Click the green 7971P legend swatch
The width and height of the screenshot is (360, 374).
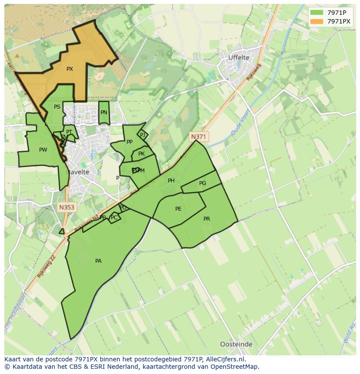click(x=317, y=12)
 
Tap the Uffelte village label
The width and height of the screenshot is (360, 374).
click(x=239, y=57)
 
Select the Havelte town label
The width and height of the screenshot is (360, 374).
click(x=78, y=172)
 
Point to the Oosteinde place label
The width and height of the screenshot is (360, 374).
click(x=236, y=344)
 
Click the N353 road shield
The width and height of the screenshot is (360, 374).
click(x=67, y=207)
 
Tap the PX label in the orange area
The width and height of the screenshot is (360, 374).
click(x=70, y=69)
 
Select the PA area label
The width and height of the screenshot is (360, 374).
click(x=98, y=261)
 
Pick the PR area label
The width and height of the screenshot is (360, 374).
click(x=207, y=219)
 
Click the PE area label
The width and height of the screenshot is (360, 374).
click(x=178, y=209)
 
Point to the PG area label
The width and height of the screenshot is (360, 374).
click(x=203, y=183)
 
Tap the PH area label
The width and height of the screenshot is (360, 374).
click(x=171, y=181)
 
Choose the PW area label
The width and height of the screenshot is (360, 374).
click(x=43, y=150)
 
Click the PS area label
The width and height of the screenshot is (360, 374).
click(x=57, y=107)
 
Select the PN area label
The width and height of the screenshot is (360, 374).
click(x=103, y=113)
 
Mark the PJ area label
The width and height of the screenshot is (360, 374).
click(x=143, y=135)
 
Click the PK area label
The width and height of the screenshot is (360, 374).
click(x=141, y=154)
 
